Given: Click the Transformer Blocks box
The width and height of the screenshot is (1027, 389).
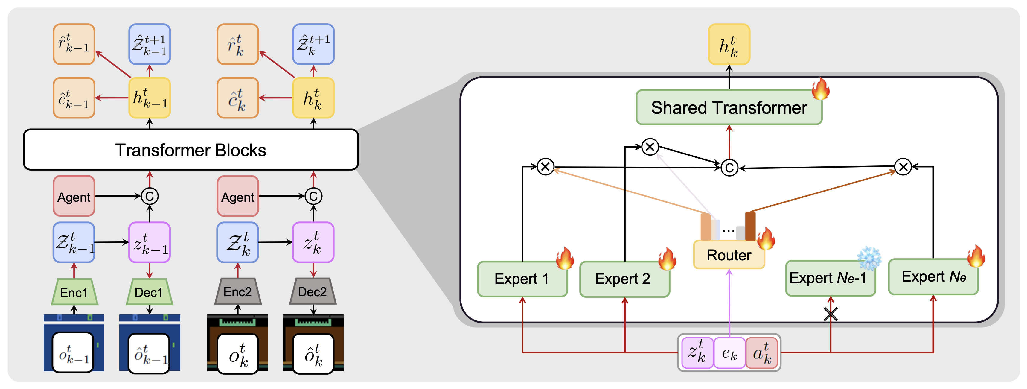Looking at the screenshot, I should [x=191, y=150].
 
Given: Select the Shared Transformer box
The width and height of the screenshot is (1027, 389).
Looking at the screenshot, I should [x=729, y=108].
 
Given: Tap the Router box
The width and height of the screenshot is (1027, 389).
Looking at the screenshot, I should [x=729, y=255].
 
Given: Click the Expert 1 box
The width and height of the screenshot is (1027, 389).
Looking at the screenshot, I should [x=522, y=279].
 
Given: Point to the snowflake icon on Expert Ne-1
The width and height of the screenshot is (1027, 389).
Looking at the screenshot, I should [x=869, y=259].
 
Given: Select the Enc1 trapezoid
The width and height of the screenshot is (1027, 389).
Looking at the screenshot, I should [x=74, y=292].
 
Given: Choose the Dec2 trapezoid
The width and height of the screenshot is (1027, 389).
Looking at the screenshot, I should [x=313, y=292].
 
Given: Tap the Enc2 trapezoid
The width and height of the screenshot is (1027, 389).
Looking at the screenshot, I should [x=238, y=292].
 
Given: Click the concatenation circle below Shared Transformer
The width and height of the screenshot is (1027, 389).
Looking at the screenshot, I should [x=729, y=168].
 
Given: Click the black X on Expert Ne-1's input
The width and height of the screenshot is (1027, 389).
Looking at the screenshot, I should [x=831, y=314].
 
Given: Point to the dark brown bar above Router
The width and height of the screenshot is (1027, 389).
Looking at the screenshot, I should [x=750, y=226].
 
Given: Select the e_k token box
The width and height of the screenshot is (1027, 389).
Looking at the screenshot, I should [x=729, y=353].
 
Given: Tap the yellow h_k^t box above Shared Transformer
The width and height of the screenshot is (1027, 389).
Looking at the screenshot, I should [x=729, y=44].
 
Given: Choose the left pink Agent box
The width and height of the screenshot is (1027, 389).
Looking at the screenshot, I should [x=74, y=196].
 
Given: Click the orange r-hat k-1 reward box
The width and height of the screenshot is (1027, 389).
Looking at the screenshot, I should [x=74, y=44].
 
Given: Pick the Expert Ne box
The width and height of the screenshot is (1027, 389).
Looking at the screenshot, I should [x=933, y=277].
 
